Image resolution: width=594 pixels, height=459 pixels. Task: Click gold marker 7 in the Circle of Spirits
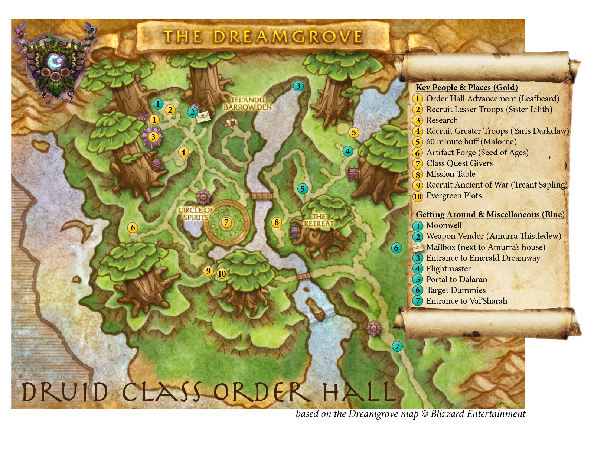click(x=226, y=222)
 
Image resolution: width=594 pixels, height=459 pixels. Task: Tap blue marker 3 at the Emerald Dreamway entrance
click(x=298, y=86)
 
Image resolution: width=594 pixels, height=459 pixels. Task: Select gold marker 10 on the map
click(x=222, y=274)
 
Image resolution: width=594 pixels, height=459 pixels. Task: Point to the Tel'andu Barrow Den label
click(x=248, y=104)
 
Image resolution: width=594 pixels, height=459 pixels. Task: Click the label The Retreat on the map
click(x=319, y=220)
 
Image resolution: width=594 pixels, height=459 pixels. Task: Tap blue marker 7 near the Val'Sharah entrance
click(x=397, y=346)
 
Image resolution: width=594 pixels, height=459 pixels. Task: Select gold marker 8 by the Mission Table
click(x=276, y=222)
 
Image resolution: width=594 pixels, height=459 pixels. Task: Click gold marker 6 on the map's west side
click(x=133, y=228)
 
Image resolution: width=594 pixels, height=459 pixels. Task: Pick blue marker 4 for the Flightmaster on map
click(x=347, y=151)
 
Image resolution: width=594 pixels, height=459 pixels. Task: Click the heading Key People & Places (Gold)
click(x=467, y=87)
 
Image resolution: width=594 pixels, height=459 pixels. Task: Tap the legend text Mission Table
click(x=450, y=174)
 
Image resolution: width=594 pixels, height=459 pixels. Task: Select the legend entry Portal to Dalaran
click(x=456, y=279)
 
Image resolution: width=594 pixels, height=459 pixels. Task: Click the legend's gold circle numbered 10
click(x=418, y=196)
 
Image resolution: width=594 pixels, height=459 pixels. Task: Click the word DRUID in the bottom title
click(x=65, y=392)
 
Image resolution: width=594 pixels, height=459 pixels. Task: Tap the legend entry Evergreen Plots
click(x=454, y=195)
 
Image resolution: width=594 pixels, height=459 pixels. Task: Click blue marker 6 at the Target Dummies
click(x=396, y=248)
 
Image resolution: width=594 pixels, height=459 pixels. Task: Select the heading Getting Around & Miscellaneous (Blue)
click(x=490, y=214)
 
